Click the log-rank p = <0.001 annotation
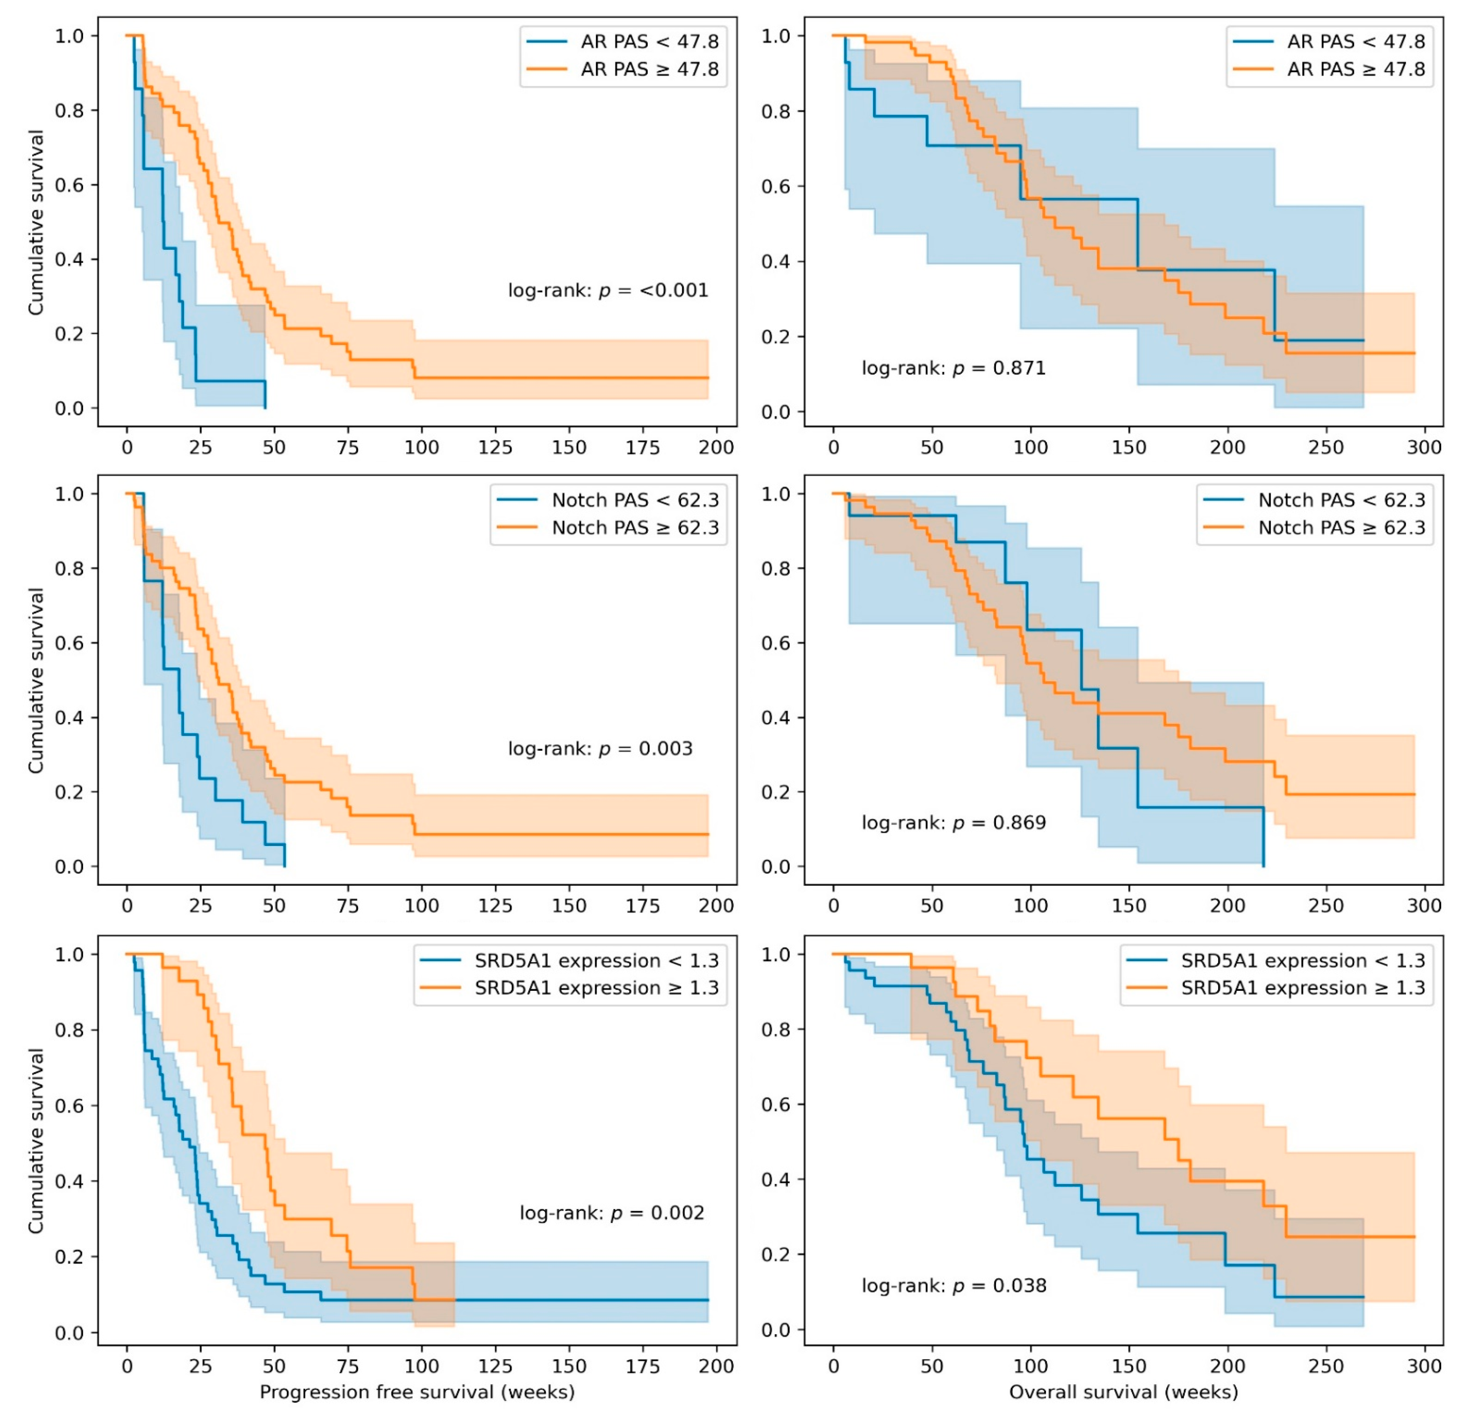point(608,291)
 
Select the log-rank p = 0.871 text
point(953,369)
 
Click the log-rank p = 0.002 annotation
point(612,1213)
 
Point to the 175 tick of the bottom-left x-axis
point(642,1366)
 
